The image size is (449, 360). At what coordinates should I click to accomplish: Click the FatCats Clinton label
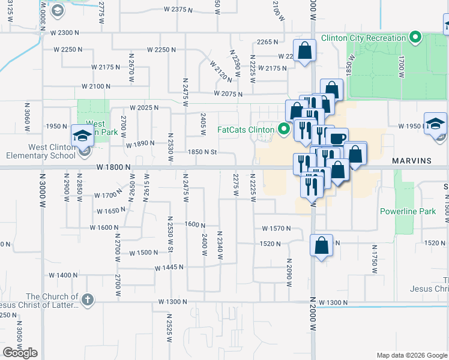pos(246,129)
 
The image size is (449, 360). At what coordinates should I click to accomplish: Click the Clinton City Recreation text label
pos(364,38)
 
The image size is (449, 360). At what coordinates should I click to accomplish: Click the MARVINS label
pos(412,161)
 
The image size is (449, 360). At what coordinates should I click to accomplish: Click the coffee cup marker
pos(338,138)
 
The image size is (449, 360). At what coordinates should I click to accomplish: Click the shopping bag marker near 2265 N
pos(304,50)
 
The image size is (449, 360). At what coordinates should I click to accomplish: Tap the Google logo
pos(20,353)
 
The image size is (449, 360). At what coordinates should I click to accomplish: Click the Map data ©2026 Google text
pos(412,355)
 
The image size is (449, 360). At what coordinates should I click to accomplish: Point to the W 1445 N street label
pos(169,268)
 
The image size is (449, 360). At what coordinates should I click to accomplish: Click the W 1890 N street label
pos(140,144)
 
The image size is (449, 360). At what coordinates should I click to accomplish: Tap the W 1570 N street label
pos(276,229)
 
